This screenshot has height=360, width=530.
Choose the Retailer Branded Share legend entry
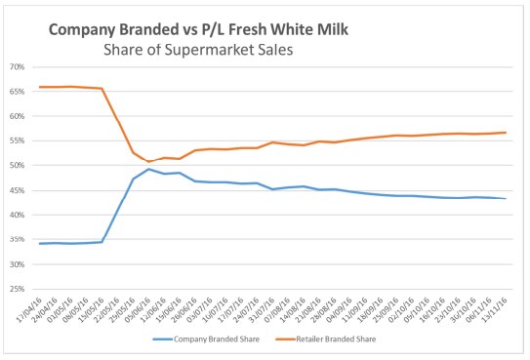click(x=331, y=338)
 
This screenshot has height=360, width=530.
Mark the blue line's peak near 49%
click(x=148, y=169)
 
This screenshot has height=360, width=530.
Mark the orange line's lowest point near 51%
click(x=149, y=161)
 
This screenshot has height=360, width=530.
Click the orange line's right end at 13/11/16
click(x=506, y=133)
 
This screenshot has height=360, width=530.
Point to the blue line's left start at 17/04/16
click(x=39, y=243)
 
